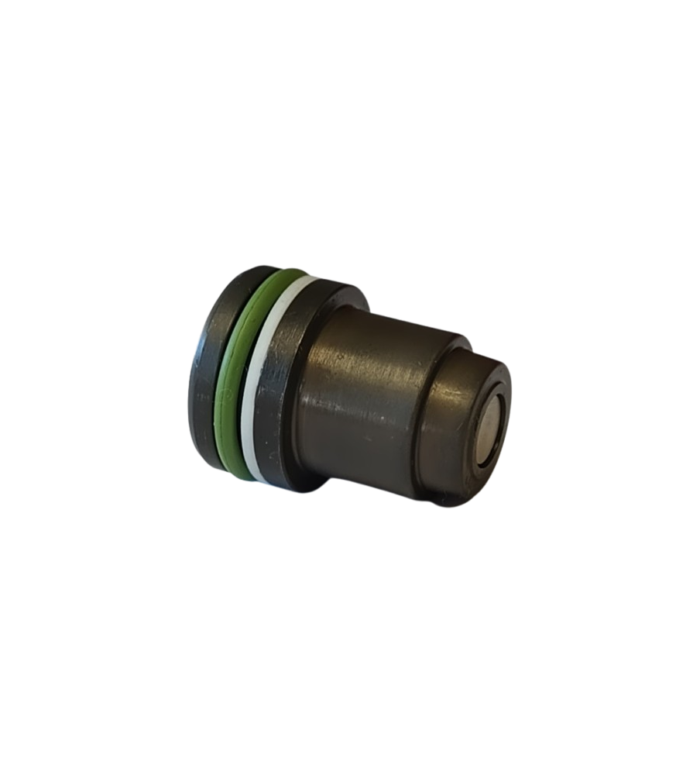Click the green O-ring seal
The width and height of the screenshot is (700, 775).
point(231,372)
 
